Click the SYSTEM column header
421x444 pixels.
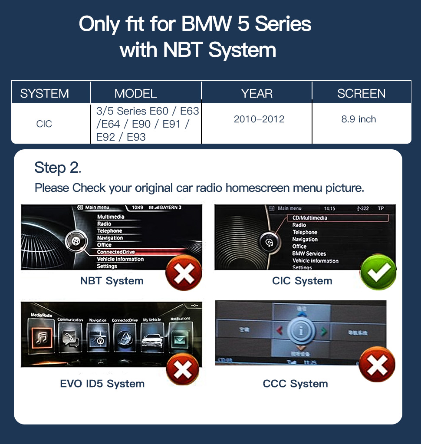[x=44, y=93]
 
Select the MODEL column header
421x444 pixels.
[x=135, y=93]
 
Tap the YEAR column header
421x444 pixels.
[x=257, y=93]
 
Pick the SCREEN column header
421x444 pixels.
[x=361, y=93]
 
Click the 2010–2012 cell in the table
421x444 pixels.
[x=259, y=119]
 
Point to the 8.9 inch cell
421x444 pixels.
[x=359, y=119]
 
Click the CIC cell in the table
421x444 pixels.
[x=44, y=124]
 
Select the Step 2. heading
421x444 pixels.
[x=58, y=168]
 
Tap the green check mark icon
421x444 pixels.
[x=378, y=273]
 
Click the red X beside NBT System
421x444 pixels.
[x=184, y=273]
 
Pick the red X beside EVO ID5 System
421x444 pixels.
[x=182, y=370]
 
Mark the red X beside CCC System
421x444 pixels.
[x=377, y=365]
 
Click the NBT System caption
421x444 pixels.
[x=112, y=281]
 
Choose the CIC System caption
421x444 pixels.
[x=302, y=281]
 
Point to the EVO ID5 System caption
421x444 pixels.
[x=102, y=384]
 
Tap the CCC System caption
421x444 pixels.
[x=295, y=384]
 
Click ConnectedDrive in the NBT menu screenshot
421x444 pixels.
[x=116, y=252]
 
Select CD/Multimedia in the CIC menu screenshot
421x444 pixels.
[x=310, y=218]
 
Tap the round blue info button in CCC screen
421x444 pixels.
[x=300, y=331]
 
